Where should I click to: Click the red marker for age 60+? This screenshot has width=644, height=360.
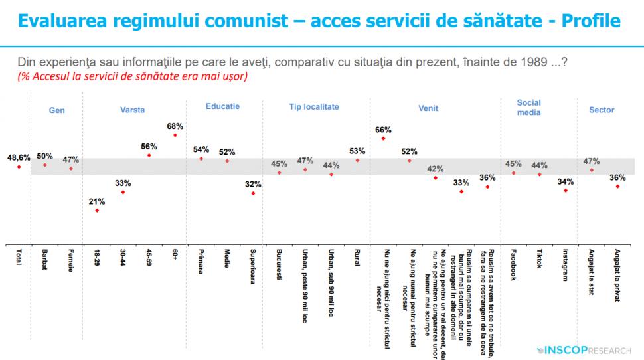click(175, 135)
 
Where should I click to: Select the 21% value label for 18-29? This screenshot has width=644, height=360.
click(97, 201)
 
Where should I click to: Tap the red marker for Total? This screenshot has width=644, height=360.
click(19, 167)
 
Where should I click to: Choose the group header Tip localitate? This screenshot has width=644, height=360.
click(314, 106)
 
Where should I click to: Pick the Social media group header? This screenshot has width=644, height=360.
click(528, 108)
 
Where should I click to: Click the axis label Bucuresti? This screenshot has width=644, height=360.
click(280, 265)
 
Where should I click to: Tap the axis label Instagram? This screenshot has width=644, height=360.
click(565, 266)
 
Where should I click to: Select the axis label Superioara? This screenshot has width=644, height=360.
click(253, 267)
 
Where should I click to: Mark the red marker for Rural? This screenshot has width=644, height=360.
click(357, 160)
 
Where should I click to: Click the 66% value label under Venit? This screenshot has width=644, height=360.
click(383, 130)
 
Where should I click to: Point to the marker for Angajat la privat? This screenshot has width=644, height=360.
click(617, 187)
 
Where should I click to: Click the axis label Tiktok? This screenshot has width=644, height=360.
click(539, 260)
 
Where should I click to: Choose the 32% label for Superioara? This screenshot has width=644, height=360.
click(253, 183)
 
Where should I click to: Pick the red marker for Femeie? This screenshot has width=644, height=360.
click(70, 169)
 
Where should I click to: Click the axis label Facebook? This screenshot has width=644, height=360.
click(513, 265)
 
